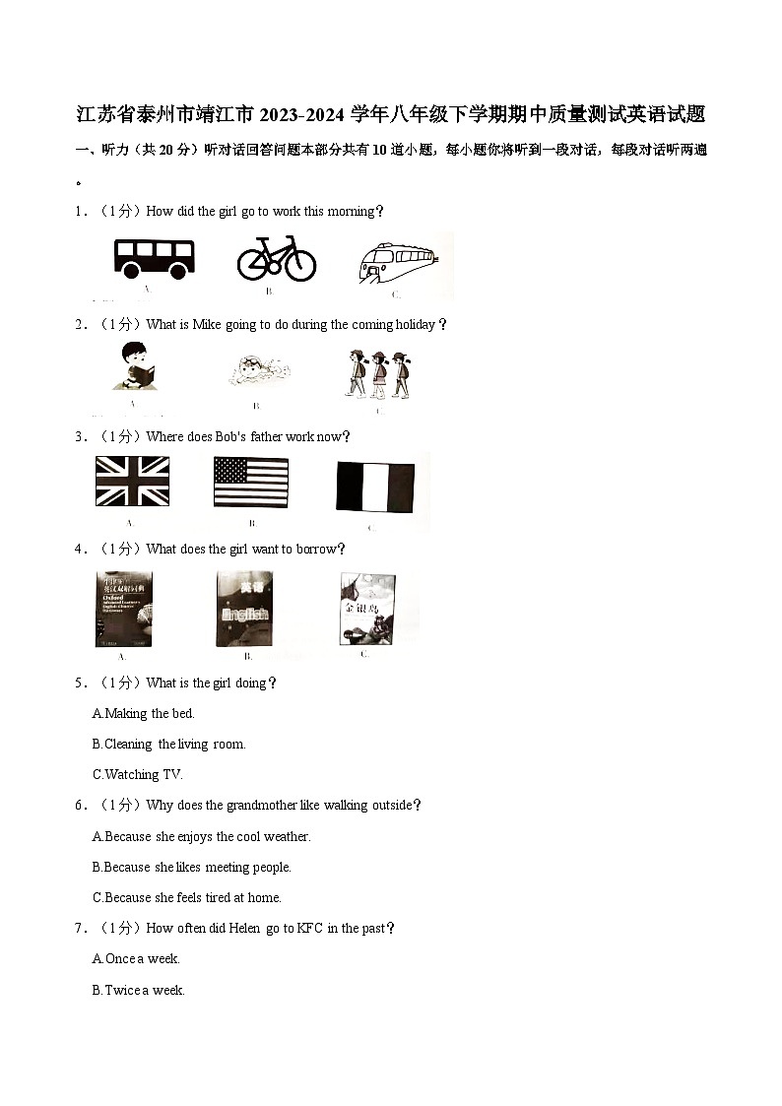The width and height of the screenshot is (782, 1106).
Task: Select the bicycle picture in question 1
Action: pos(277,258)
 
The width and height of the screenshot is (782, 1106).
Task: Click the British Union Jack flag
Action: pos(132,482)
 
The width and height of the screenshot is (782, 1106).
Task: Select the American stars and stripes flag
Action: pos(251,482)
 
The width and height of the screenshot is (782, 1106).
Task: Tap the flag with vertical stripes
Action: pos(375,487)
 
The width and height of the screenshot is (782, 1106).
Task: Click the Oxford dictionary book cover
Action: pos(123,609)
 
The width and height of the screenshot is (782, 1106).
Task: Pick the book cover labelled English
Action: pos(245,610)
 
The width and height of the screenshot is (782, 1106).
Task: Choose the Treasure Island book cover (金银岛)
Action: pos(367,609)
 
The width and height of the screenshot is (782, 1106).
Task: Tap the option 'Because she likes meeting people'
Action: pos(192,867)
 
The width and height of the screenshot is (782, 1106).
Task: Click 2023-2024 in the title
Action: pos(302,115)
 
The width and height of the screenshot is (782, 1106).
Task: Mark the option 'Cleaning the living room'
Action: pos(168,744)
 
